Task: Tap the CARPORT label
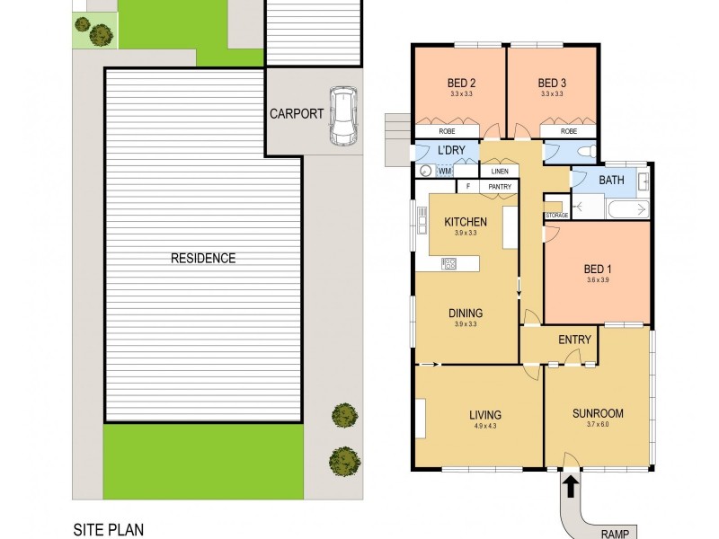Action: click(297, 114)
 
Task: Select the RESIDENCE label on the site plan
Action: click(203, 259)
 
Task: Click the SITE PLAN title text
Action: click(108, 531)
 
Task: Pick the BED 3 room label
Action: click(550, 87)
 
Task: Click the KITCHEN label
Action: click(466, 222)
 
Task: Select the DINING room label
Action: click(466, 314)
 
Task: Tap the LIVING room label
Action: click(484, 414)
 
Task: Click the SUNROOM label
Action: click(598, 414)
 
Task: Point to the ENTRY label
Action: click(574, 340)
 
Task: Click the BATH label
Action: click(611, 181)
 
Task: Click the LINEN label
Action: click(499, 171)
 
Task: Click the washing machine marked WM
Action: click(445, 171)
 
